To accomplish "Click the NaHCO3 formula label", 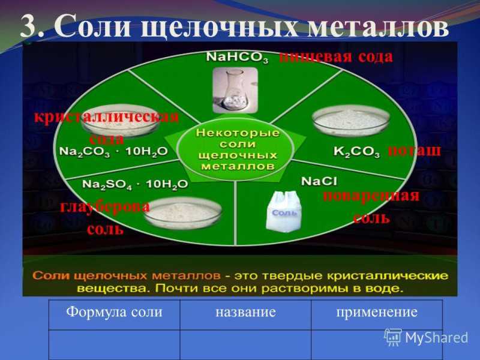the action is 237,58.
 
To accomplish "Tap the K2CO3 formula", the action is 356,152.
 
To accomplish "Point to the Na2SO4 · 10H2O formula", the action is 135,185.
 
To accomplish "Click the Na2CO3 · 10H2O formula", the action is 113,152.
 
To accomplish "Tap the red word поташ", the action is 415,151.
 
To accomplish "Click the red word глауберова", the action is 105,206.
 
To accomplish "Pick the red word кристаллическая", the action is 106,117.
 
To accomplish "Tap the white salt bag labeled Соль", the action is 284,211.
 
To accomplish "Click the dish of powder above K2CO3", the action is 351,120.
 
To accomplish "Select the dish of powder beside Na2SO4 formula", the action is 183,213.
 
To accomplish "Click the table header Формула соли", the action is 115,312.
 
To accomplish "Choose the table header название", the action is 245,312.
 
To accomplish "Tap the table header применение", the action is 377,313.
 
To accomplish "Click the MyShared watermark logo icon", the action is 393,337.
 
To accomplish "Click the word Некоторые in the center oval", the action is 238,133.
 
